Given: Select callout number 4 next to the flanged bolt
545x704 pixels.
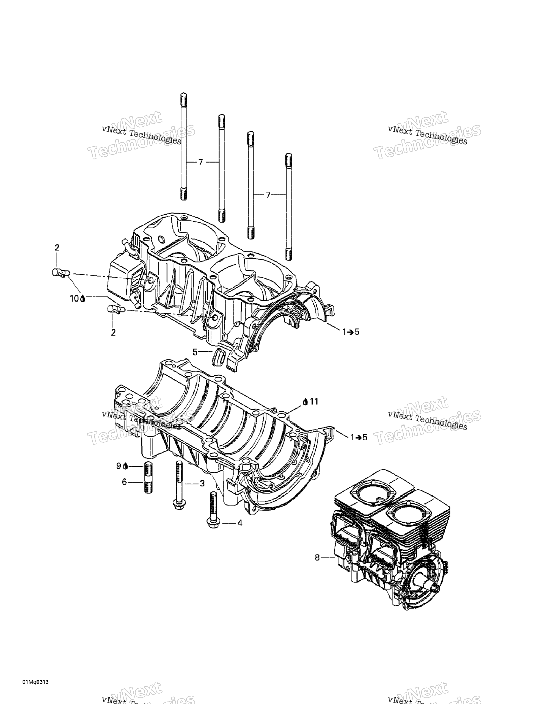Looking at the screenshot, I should point(240,523).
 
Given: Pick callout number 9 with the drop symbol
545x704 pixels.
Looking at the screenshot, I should point(119,466).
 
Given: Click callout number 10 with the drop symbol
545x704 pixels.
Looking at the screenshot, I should point(75,299).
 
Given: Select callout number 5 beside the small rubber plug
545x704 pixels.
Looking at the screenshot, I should point(195,352).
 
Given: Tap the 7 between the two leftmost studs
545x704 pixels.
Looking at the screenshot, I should point(200,162).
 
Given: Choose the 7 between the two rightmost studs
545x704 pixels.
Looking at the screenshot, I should point(268,195).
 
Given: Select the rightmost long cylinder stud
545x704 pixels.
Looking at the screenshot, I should point(289,207).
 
